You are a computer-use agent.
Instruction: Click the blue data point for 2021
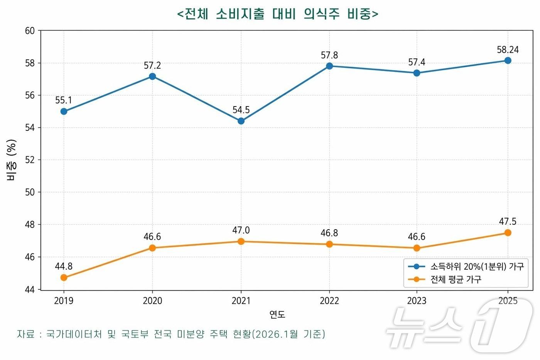241,121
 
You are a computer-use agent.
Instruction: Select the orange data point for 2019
64,277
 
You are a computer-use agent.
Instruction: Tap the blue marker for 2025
508,61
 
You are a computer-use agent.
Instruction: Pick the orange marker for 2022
329,244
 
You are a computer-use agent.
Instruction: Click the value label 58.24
508,50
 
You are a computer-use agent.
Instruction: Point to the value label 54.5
241,110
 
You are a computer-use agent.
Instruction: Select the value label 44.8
64,266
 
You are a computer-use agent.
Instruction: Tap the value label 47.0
241,230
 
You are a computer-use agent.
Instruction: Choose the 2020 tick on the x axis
152,301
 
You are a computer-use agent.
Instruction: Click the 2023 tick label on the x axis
417,301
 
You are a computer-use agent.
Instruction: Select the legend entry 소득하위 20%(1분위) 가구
477,267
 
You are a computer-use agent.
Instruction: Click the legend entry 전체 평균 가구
456,279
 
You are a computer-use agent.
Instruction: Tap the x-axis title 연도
277,314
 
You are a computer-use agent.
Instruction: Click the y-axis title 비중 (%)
12,160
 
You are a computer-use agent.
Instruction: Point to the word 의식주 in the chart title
321,14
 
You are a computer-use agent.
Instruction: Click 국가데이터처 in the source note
74,334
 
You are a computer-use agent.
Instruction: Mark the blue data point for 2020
152,76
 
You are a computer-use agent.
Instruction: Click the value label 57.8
329,55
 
